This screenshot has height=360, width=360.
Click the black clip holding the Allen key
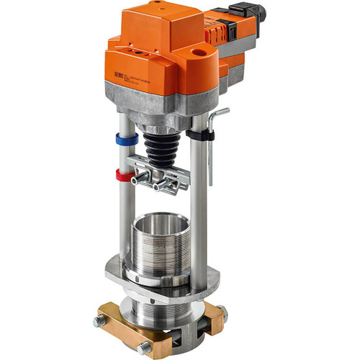[204, 135]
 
